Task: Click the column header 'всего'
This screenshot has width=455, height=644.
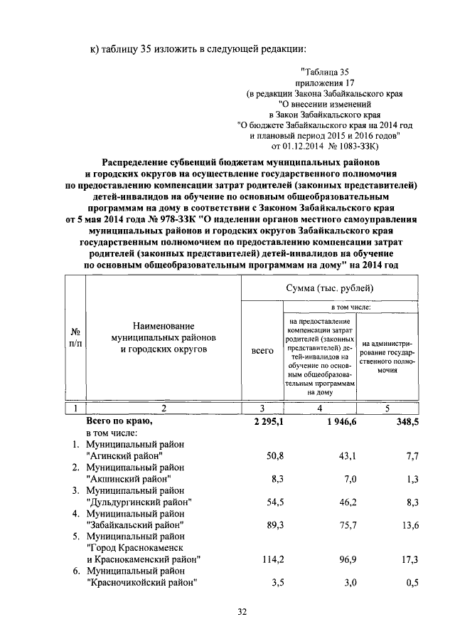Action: [x=263, y=352]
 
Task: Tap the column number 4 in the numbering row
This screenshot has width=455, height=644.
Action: [x=320, y=408]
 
